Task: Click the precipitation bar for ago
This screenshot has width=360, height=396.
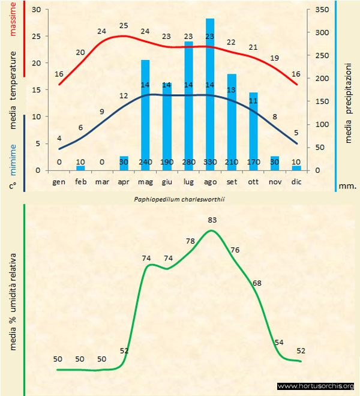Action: [x=210, y=90]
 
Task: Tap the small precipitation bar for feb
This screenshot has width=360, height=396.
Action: [x=80, y=167]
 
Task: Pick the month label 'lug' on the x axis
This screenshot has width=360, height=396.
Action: [x=188, y=181]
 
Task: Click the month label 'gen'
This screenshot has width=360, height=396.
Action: [x=59, y=181]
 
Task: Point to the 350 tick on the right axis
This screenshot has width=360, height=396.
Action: [x=322, y=10]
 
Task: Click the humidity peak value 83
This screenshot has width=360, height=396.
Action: [x=211, y=220]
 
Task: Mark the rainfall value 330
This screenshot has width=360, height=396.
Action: [x=210, y=162]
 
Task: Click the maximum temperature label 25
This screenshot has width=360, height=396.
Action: [x=124, y=26]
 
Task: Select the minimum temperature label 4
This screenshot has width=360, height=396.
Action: [x=59, y=138]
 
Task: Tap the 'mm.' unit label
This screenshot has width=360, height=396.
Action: [x=348, y=186]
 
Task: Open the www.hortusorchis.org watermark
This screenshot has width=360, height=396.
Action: [x=316, y=386]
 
